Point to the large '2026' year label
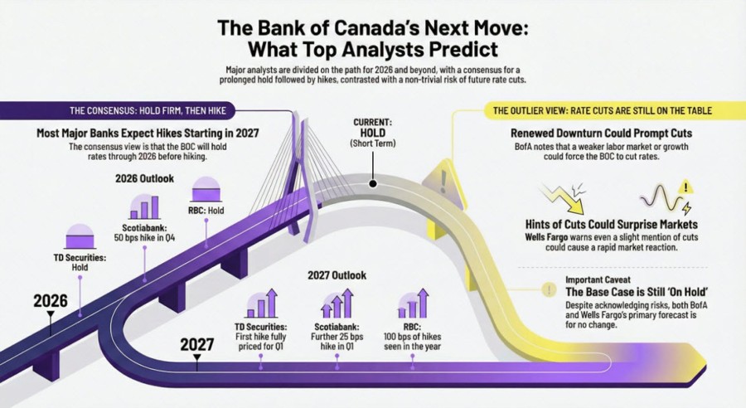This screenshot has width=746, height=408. pyautogui.click(x=50, y=300)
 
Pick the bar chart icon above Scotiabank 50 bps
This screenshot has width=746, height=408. pyautogui.click(x=145, y=206)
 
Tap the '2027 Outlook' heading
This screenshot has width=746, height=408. pyautogui.click(x=337, y=274)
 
